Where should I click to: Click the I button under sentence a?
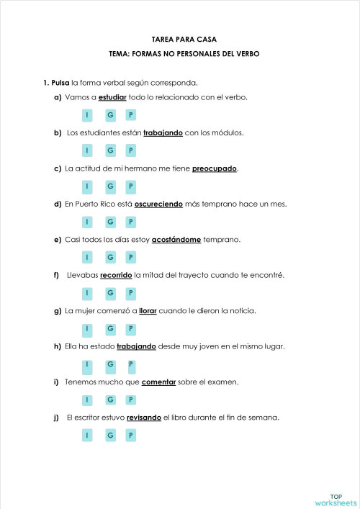(86, 115)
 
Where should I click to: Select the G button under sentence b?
(110, 150)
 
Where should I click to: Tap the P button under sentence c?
(130, 186)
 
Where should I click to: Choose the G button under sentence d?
(110, 222)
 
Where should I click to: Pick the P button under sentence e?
(130, 257)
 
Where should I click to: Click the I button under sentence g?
(86, 328)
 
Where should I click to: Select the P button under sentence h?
(130, 364)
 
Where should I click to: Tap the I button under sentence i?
(86, 400)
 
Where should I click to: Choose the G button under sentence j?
(110, 435)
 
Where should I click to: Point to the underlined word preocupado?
(215, 168)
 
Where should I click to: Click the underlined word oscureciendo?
(160, 204)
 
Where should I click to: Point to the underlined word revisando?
(144, 418)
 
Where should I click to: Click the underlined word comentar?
(159, 382)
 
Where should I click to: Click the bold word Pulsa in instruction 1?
(60, 82)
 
